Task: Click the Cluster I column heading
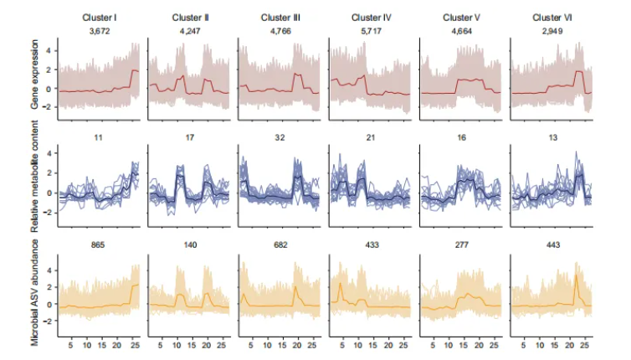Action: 99,18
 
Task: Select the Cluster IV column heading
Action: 370,18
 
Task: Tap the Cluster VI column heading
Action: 551,18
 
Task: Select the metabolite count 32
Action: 280,133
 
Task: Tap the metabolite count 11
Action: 99,133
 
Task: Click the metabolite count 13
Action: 551,133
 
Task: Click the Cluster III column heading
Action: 280,18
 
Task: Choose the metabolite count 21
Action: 370,133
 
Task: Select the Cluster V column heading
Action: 460,18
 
